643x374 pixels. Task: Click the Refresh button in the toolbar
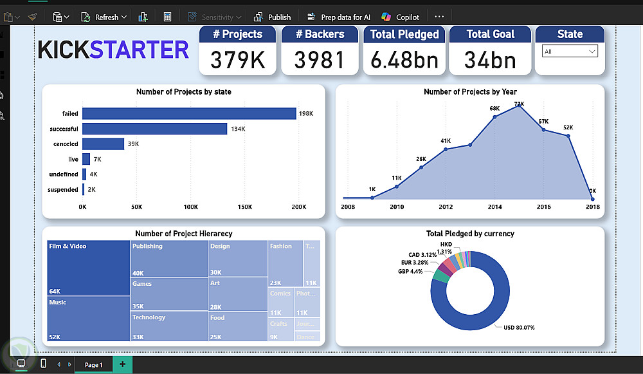106,17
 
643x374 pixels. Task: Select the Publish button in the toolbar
273,17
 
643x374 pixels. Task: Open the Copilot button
401,17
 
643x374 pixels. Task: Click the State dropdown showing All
570,51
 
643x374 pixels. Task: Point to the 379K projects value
238,60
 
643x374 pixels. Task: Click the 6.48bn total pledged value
404,60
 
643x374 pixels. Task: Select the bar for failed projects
189,114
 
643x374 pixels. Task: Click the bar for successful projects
154,129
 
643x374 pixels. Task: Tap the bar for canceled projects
103,144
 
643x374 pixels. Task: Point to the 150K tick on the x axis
245,207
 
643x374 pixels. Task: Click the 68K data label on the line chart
494,109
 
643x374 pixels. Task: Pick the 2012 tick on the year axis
446,207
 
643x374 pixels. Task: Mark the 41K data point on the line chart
446,149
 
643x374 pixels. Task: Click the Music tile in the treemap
89,319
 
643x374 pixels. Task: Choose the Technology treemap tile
168,326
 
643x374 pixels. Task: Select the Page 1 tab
93,365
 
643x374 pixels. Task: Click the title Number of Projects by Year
470,92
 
